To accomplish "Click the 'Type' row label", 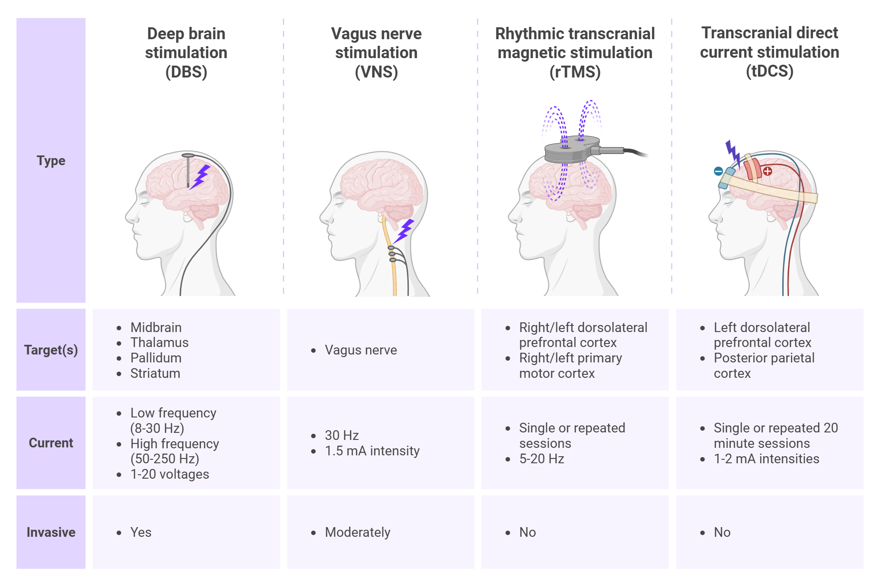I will [x=51, y=161].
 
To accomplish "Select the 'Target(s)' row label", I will [x=51, y=350].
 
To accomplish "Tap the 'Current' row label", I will [x=51, y=443].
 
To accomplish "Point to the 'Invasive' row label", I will [x=51, y=532].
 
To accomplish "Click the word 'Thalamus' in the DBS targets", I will [x=159, y=343].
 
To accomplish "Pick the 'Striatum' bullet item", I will [x=155, y=373].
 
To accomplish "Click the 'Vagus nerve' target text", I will [x=361, y=350].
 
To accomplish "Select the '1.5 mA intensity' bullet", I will [x=372, y=451].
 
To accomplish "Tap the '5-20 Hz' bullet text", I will [x=542, y=459].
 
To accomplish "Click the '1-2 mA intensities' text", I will [x=766, y=459].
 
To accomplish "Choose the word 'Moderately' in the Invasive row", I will [x=358, y=532].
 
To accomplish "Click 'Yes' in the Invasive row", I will [x=141, y=532].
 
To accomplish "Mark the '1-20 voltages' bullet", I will [x=170, y=474].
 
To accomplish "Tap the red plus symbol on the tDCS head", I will [x=767, y=171].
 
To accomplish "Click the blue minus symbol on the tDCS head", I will [x=719, y=171].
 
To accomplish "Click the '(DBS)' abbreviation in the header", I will [x=186, y=72].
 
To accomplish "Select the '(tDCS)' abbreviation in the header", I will [x=770, y=71].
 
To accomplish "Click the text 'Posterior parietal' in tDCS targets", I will [x=764, y=358].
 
